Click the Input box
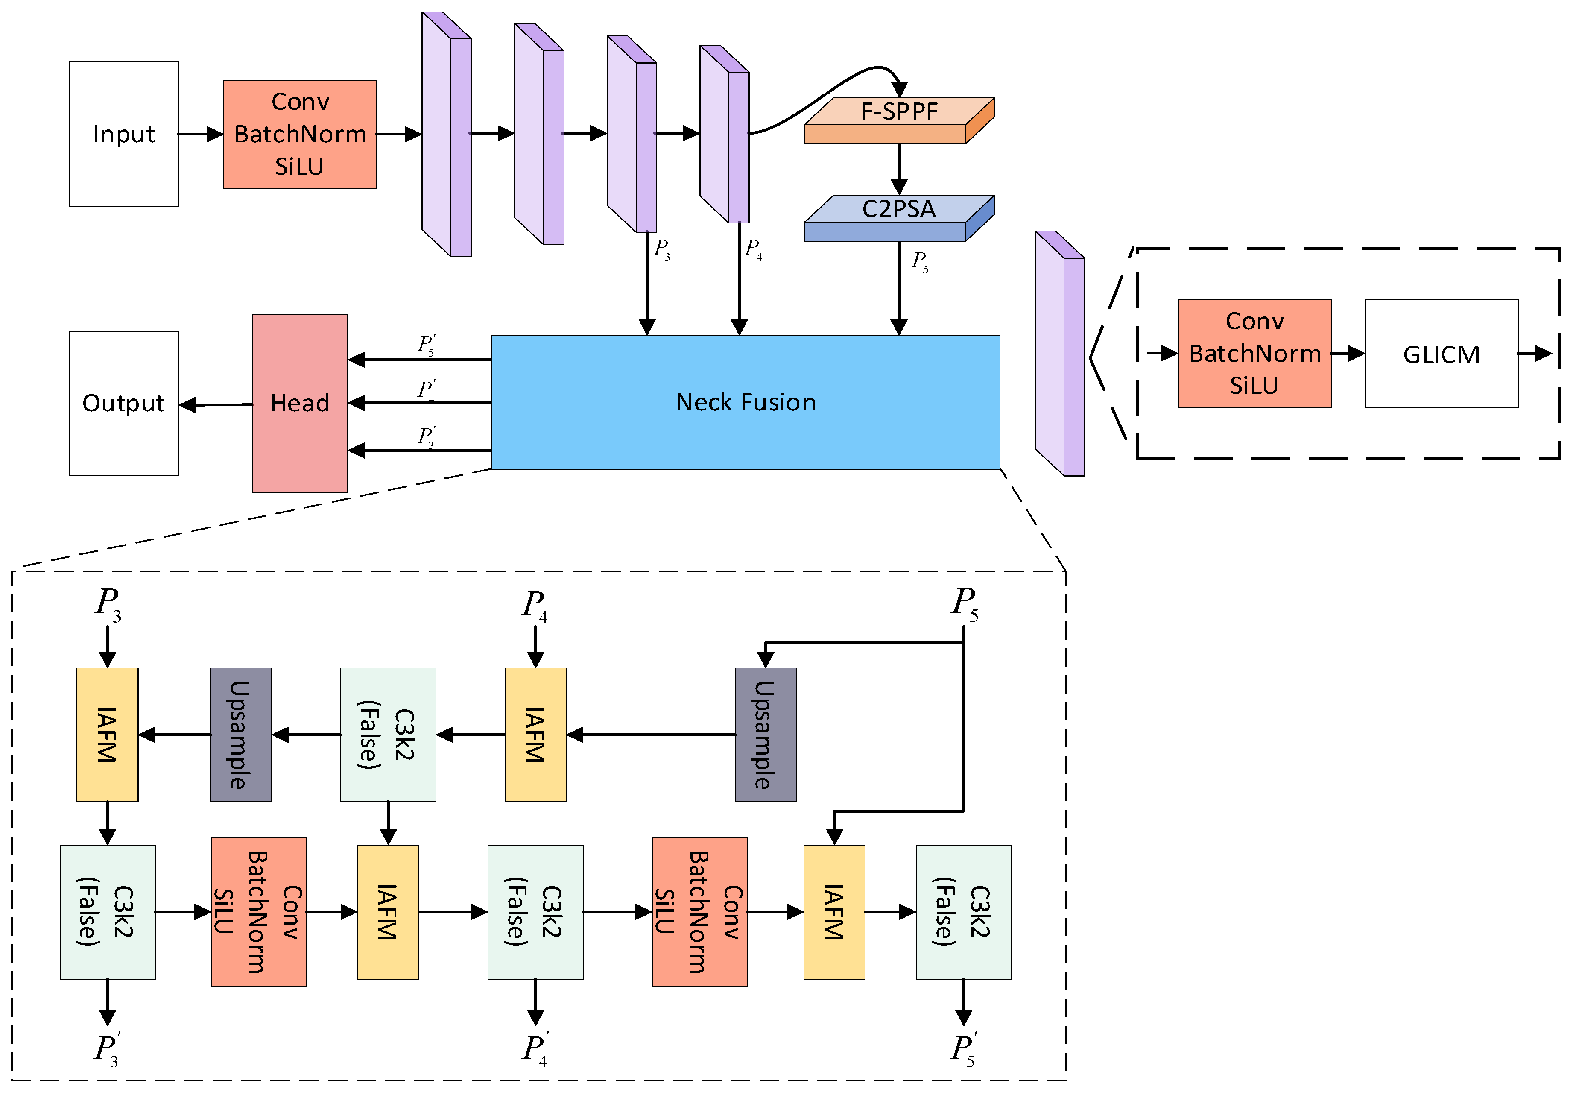tap(124, 134)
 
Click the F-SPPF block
tap(899, 120)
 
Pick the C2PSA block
tap(899, 218)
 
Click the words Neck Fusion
tap(746, 402)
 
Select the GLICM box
tap(1441, 354)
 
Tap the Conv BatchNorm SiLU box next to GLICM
tap(1254, 354)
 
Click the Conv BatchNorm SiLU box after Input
tap(300, 134)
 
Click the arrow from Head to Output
tap(216, 405)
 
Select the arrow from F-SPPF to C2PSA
tap(899, 169)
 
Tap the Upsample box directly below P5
tap(765, 735)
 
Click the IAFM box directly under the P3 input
tap(108, 735)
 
